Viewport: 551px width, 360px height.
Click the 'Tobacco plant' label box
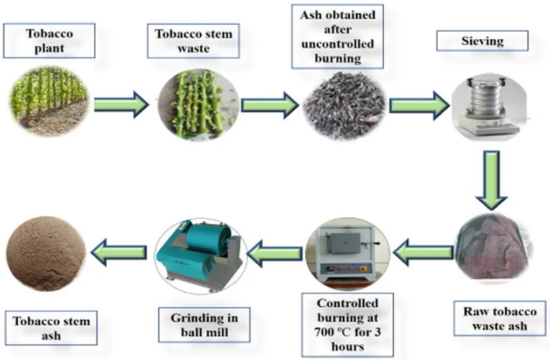[x=49, y=40]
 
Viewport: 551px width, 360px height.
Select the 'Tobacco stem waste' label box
[x=193, y=41]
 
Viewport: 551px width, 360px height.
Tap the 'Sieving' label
[x=482, y=40]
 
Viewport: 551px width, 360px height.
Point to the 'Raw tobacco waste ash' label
[x=499, y=319]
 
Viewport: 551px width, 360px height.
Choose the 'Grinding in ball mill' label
[x=204, y=324]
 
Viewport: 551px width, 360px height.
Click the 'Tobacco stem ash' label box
[x=52, y=328]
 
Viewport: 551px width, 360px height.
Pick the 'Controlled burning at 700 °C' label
[x=348, y=324]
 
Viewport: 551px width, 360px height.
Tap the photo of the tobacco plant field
[x=48, y=100]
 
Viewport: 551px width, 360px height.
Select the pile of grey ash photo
[x=344, y=105]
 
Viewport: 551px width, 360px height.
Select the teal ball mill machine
[x=200, y=252]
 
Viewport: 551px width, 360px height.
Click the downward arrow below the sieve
[x=491, y=179]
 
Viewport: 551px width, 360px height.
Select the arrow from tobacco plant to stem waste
[x=121, y=104]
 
